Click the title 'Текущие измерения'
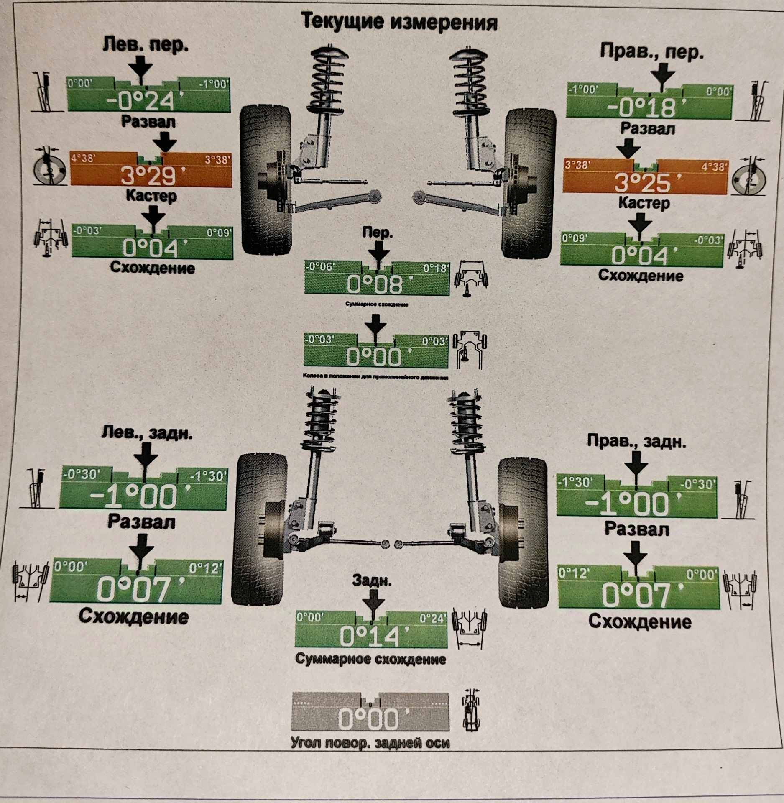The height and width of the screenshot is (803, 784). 399,22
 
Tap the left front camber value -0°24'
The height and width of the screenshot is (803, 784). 144,101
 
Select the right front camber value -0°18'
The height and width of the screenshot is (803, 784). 642,107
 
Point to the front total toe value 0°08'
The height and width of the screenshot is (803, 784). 375,284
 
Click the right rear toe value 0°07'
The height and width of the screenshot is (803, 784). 636,596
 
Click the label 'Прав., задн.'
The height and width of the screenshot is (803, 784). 636,441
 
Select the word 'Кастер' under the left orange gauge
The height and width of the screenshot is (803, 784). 151,196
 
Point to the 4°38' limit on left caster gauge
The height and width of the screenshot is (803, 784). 83,159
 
